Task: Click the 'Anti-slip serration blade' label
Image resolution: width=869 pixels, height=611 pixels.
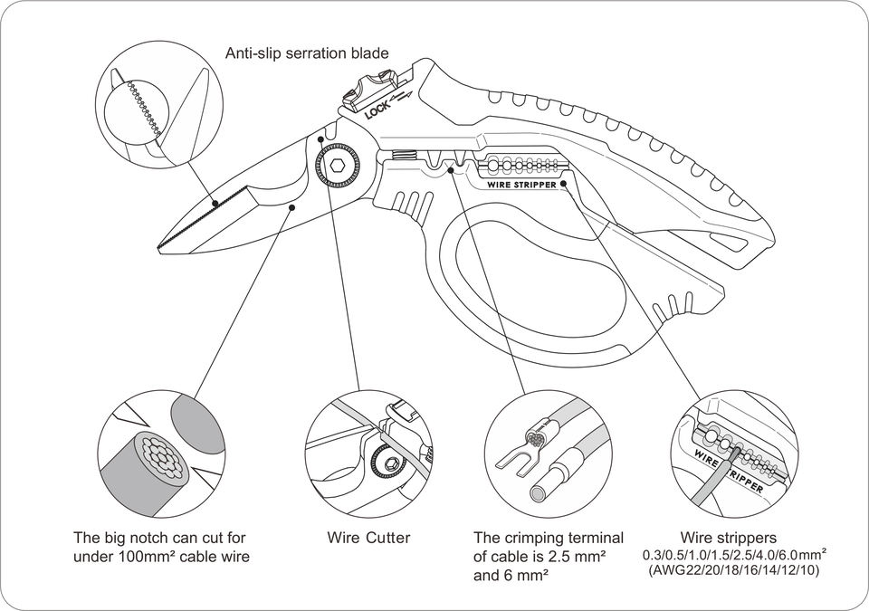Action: point(307,53)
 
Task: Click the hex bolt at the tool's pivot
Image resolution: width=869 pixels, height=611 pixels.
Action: point(338,166)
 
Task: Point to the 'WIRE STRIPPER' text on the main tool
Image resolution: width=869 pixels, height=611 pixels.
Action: point(521,185)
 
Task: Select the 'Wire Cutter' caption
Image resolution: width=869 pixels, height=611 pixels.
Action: point(368,538)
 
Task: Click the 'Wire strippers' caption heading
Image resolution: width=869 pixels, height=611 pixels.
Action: point(728,538)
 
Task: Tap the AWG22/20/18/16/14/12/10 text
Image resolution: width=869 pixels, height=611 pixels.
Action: point(733,570)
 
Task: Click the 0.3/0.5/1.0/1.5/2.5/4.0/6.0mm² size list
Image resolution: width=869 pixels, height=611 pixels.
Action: point(735,554)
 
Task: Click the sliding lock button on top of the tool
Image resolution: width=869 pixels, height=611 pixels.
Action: point(370,88)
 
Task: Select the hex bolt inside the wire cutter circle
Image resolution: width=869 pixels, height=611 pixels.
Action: point(391,463)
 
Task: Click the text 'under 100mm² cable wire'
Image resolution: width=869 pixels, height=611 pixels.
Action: point(161,556)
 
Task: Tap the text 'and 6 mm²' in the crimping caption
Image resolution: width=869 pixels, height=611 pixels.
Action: point(511,576)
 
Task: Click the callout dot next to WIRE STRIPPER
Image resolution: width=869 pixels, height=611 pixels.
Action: point(563,184)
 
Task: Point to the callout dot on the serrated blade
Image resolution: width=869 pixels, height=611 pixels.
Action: point(215,204)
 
